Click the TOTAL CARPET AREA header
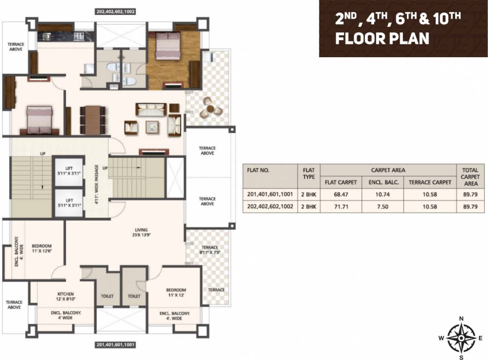pyautogui.click(x=470, y=177)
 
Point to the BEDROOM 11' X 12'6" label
pyautogui.click(x=42, y=249)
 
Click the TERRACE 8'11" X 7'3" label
pyautogui.click(x=210, y=250)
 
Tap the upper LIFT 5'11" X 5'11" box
pyautogui.click(x=69, y=170)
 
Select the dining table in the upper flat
pyautogui.click(x=92, y=120)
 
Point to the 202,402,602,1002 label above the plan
pyautogui.click(x=115, y=12)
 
